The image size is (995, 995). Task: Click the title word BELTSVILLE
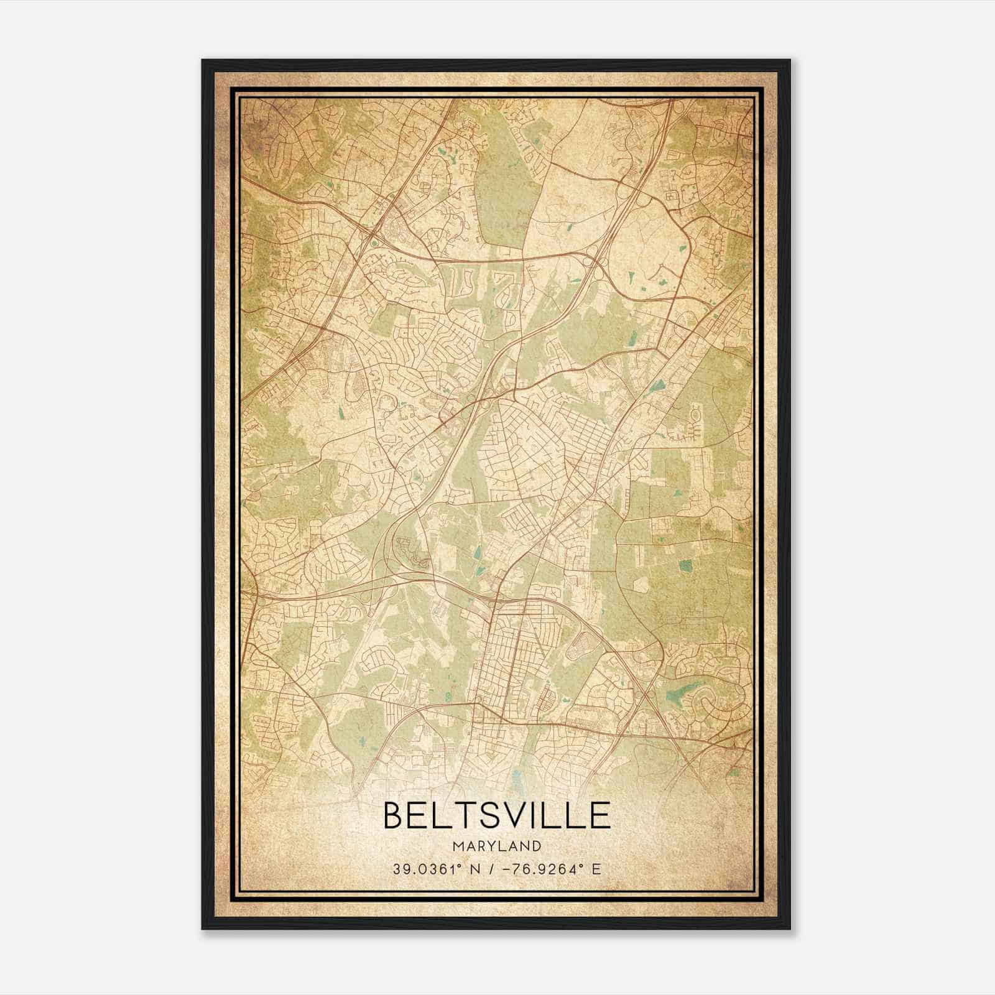(x=496, y=815)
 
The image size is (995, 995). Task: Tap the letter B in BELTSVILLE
(x=396, y=815)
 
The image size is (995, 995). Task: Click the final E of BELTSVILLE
(x=599, y=815)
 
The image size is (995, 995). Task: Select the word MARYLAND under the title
(x=496, y=846)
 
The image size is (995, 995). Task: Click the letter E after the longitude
(x=596, y=869)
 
